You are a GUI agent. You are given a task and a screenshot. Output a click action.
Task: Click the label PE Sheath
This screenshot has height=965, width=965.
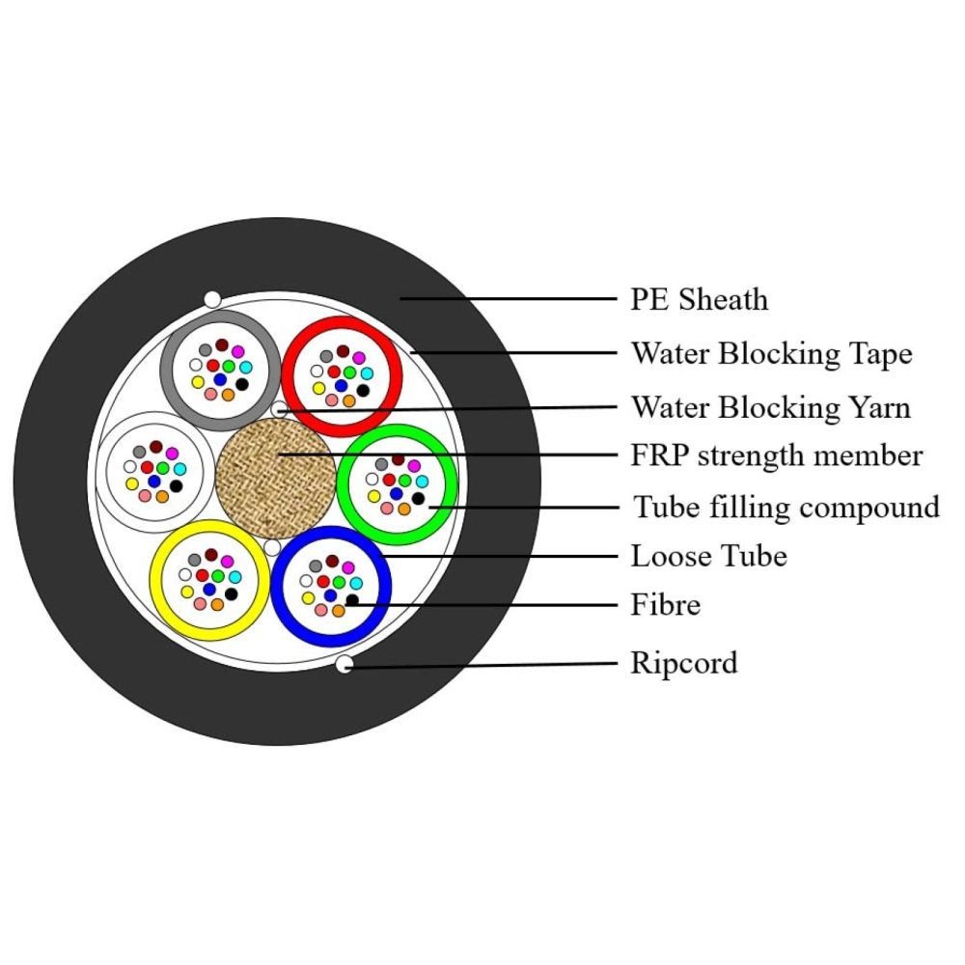[x=700, y=299]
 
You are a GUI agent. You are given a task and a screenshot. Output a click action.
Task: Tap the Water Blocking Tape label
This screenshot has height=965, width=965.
[x=771, y=353]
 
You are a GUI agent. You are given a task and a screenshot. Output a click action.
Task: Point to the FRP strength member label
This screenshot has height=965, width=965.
[x=777, y=455]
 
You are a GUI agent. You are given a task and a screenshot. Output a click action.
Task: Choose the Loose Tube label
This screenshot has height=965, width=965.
[x=708, y=556]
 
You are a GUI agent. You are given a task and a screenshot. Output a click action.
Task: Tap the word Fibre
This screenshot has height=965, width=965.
[x=665, y=605]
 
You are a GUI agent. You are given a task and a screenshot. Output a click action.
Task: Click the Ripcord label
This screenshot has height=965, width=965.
[x=683, y=663]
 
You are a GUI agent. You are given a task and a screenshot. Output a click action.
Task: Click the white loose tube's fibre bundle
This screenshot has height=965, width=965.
[x=154, y=473]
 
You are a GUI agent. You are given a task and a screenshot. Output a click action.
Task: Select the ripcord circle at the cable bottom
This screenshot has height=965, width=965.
[x=345, y=664]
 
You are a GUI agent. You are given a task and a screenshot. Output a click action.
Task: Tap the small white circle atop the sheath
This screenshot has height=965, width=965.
[x=212, y=300]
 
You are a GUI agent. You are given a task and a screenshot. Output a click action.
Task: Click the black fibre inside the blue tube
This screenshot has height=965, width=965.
[x=352, y=600]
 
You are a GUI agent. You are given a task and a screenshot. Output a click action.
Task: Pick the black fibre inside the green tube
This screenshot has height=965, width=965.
[x=418, y=498]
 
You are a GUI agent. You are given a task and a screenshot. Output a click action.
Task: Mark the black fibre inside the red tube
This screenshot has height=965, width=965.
[x=363, y=390]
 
